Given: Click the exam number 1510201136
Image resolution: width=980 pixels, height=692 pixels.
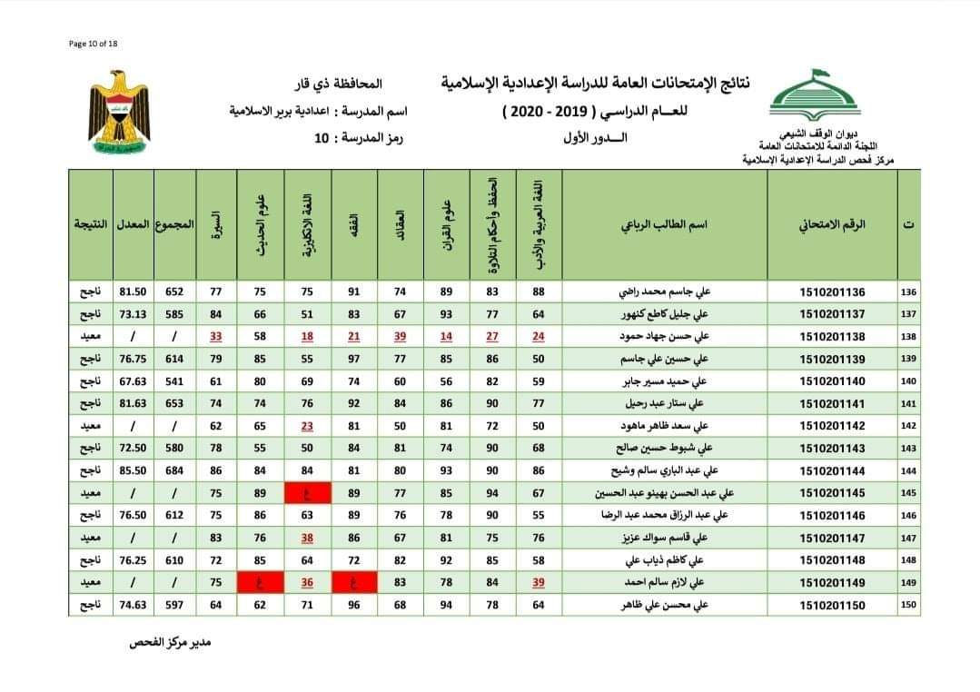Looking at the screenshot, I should point(833,292).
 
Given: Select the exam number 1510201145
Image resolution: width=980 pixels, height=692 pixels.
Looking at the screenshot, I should point(833,493).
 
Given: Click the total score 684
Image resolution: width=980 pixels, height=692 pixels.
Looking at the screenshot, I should point(175,470).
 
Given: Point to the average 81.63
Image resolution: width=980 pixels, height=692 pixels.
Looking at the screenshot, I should point(134,403).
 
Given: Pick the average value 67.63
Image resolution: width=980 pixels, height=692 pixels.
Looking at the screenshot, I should point(134,381).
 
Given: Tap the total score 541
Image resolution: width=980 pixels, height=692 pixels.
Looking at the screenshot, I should point(175,381).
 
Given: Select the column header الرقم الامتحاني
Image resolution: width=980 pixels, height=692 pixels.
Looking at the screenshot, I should point(833,223).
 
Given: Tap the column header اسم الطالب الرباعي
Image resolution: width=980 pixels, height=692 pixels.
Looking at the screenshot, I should point(664,223).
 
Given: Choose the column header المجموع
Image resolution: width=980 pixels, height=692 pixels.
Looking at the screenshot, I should point(175,223).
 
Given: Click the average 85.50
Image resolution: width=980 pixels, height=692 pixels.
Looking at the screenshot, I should point(134,470).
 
